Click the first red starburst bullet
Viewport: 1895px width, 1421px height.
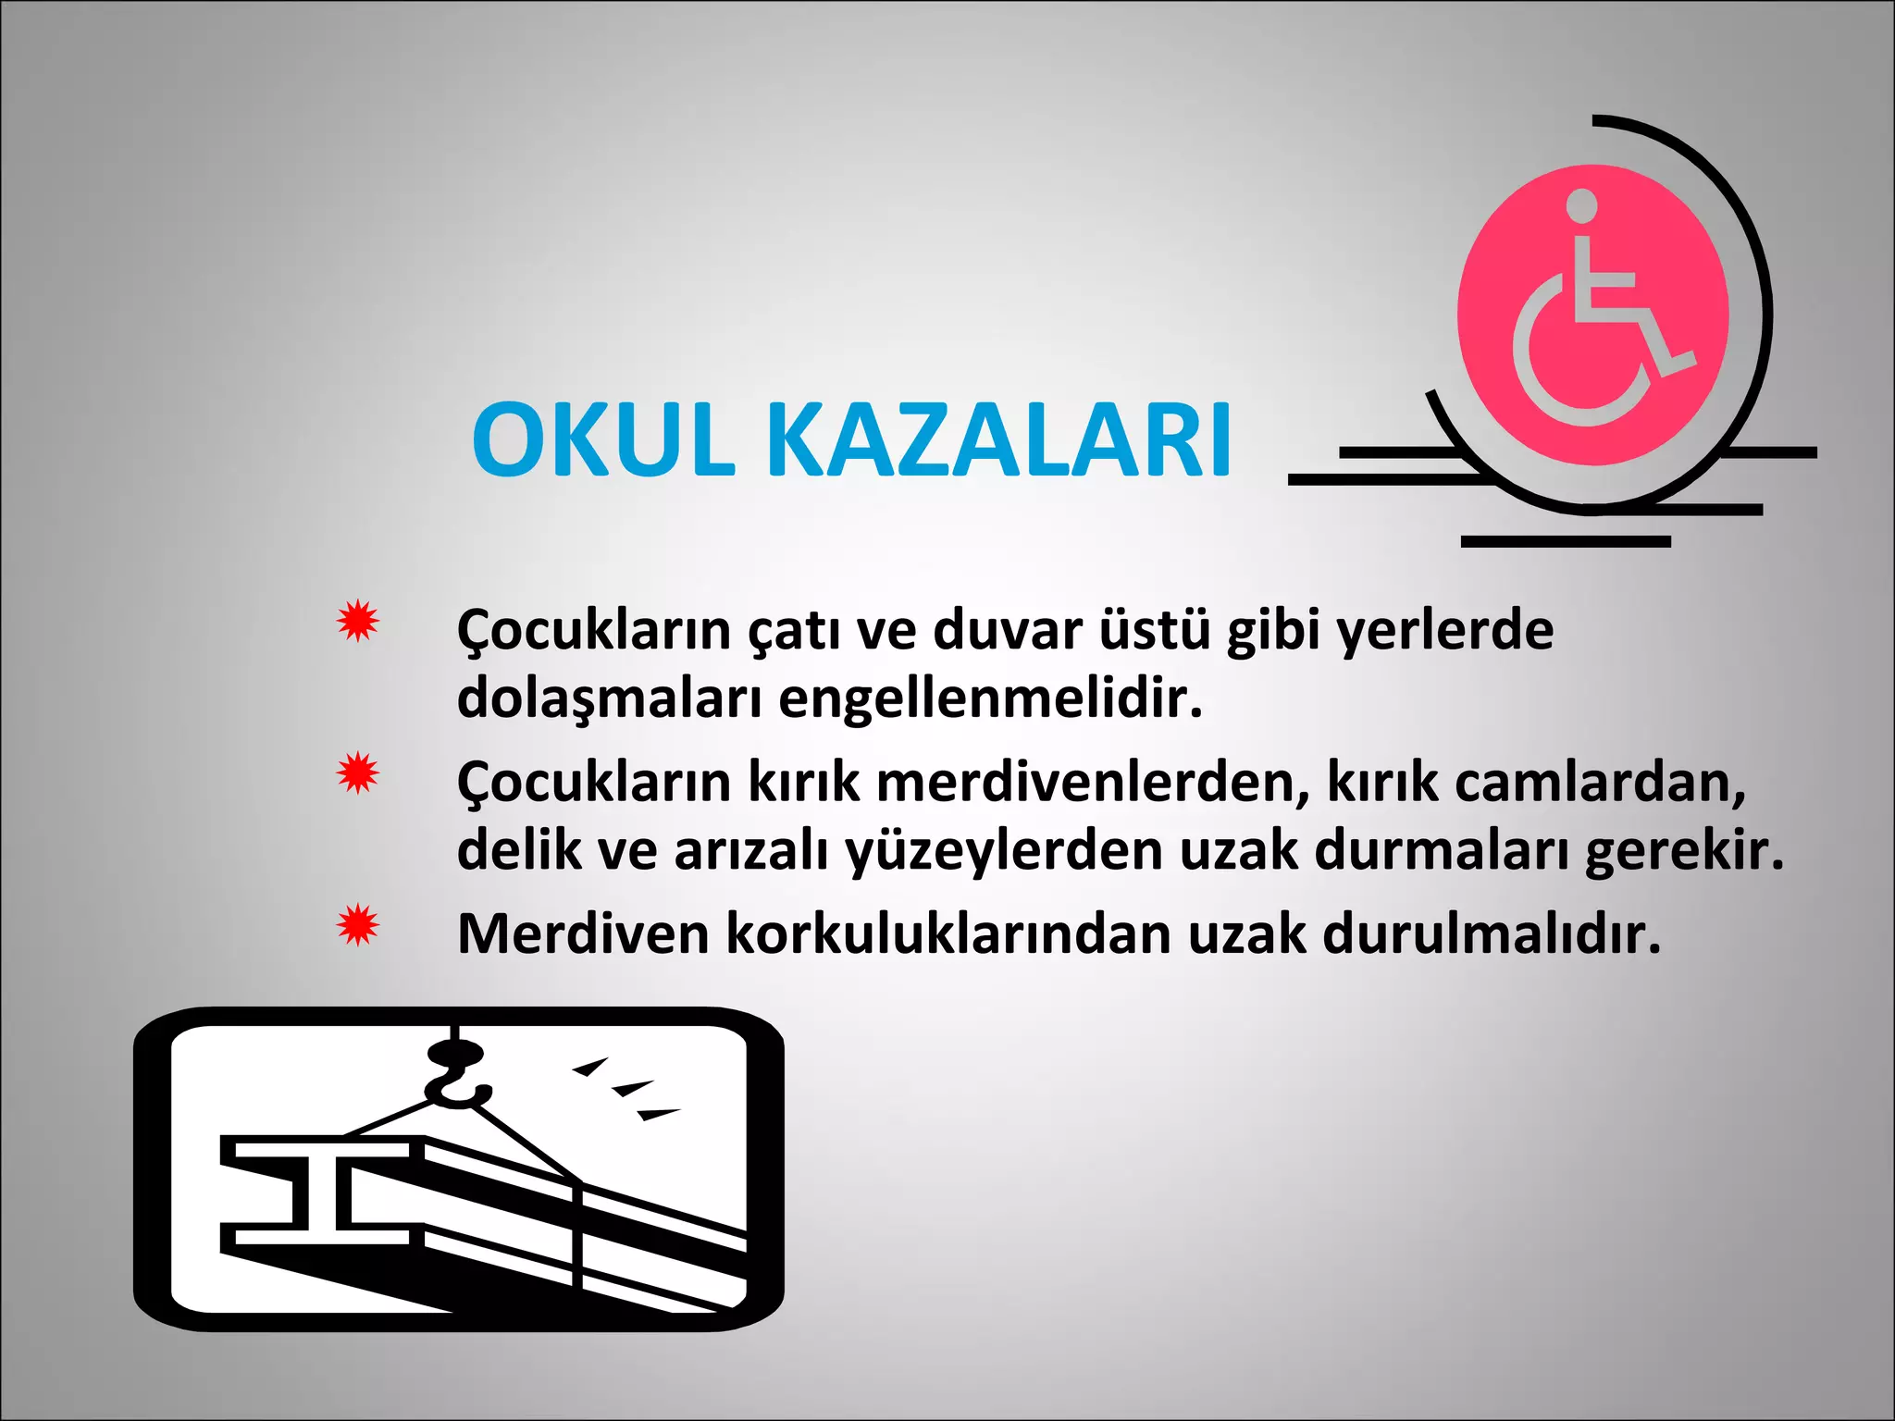click(357, 621)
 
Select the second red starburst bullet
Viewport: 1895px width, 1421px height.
click(357, 772)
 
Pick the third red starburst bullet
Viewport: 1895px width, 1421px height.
click(357, 925)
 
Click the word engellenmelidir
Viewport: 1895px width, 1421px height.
click(990, 699)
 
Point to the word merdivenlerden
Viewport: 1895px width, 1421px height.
click(1093, 783)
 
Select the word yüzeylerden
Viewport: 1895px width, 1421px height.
click(1004, 851)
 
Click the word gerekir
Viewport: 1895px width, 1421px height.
click(1683, 851)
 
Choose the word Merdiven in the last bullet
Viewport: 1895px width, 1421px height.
click(583, 934)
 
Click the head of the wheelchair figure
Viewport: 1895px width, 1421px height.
click(1582, 204)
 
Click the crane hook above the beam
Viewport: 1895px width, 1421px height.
click(453, 1073)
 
